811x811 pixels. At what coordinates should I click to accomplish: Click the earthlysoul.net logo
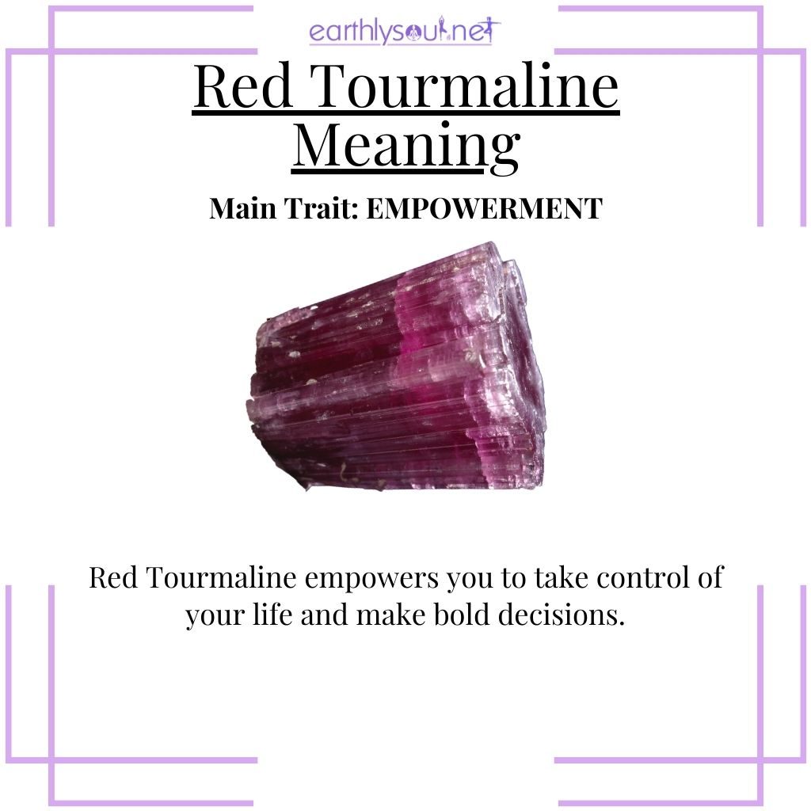click(x=405, y=32)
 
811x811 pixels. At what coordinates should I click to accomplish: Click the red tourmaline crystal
click(x=400, y=368)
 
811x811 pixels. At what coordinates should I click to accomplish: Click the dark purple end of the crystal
click(x=285, y=396)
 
